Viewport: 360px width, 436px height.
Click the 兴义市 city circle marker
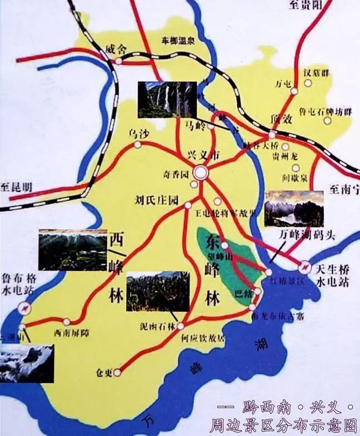[201, 173]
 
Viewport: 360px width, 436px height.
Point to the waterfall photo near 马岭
[167, 100]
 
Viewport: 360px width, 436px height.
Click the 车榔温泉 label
[178, 40]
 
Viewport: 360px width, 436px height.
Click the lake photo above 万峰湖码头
[294, 209]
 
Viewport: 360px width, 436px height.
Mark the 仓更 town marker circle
[117, 373]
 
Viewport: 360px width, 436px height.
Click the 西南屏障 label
[71, 333]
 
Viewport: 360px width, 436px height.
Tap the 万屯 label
[283, 85]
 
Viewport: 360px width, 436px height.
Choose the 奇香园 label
[175, 174]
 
